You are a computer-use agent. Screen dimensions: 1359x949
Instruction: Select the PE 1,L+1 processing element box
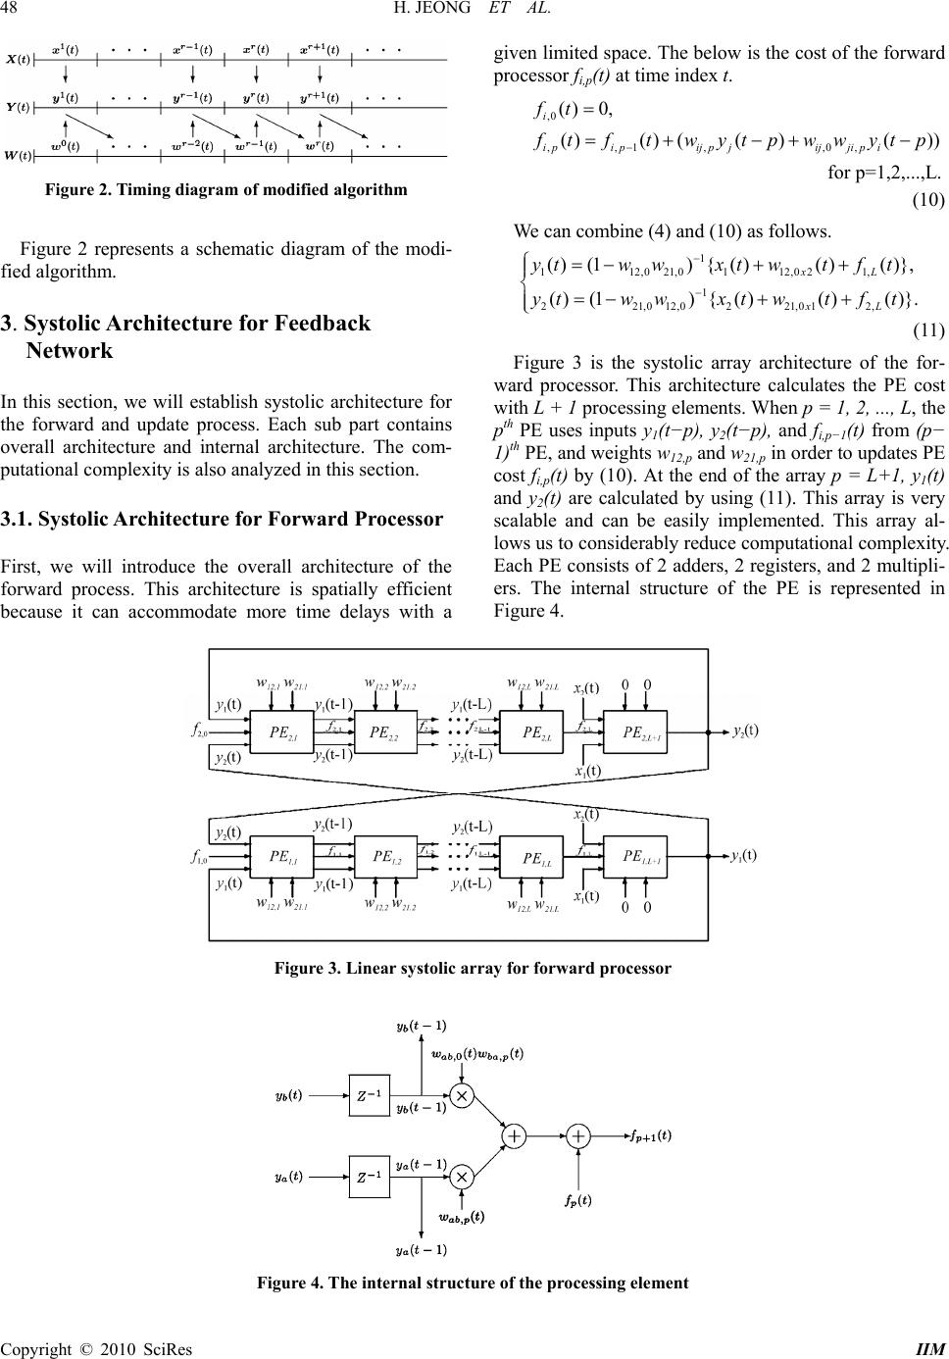[644, 856]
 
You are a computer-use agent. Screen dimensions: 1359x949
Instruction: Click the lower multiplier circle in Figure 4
[463, 1176]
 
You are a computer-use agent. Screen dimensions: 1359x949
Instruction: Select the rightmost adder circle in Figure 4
[580, 1135]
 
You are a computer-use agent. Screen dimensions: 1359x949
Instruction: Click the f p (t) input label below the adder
[577, 1199]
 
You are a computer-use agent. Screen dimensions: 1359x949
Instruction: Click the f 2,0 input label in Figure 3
[200, 730]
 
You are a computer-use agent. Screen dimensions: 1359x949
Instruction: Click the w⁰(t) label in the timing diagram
[65, 147]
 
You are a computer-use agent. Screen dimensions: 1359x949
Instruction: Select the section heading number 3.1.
[16, 519]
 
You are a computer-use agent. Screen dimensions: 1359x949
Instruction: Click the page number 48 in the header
[14, 10]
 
